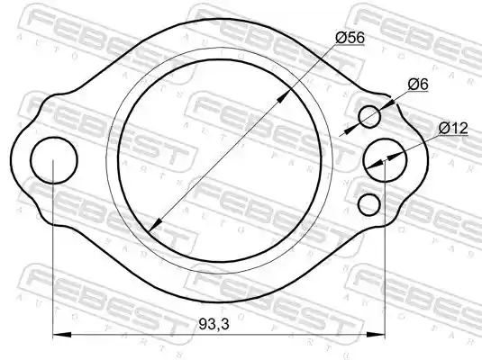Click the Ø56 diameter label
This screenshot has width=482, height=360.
coord(350,38)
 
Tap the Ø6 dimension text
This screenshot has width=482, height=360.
coord(418,85)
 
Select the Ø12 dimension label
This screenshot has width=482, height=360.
coord(453,128)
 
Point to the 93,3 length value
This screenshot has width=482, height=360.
coord(214,324)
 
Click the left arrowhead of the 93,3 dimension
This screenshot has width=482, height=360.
coord(62,335)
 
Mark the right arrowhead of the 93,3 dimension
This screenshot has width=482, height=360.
coord(376,335)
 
